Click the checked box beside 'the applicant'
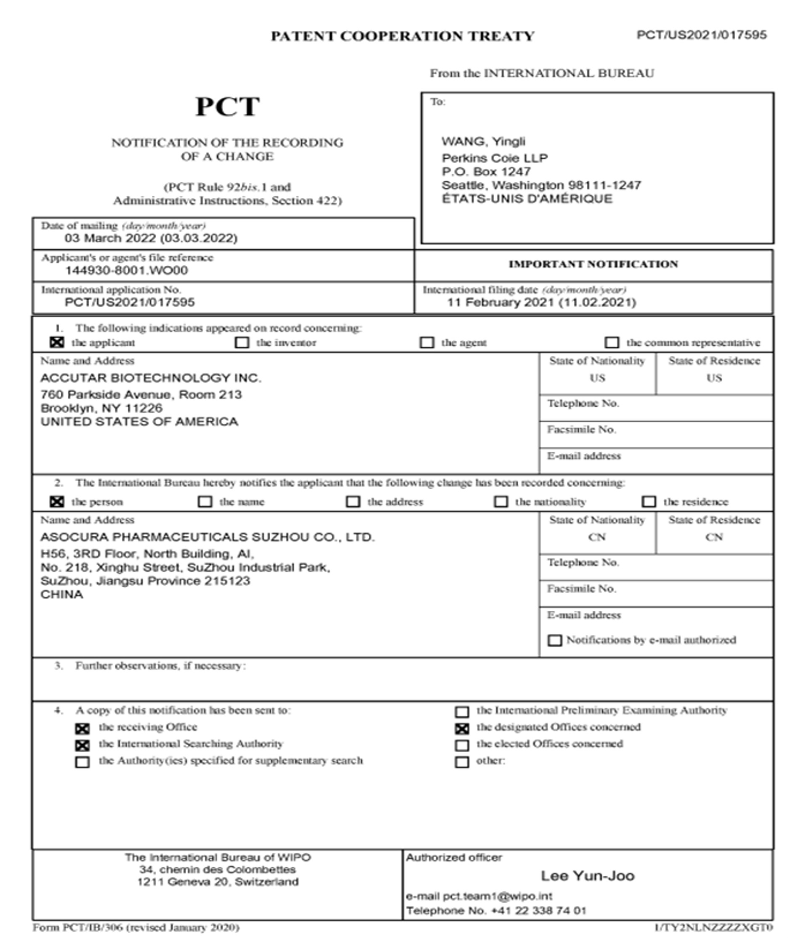point(56,342)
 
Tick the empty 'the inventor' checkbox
point(242,342)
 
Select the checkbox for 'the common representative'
point(612,342)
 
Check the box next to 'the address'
point(353,501)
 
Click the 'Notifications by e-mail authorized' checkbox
point(554,640)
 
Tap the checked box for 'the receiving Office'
point(82,729)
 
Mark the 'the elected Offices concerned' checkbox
point(462,745)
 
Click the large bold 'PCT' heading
point(227,107)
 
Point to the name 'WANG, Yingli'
point(483,142)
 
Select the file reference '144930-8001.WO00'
point(126,271)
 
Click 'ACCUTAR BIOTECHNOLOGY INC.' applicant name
point(151,378)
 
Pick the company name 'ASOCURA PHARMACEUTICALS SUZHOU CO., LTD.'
point(207,537)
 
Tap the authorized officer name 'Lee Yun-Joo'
point(587,875)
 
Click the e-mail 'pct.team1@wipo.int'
point(497,896)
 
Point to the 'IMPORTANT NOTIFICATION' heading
point(593,264)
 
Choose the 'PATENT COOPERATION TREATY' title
point(402,36)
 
